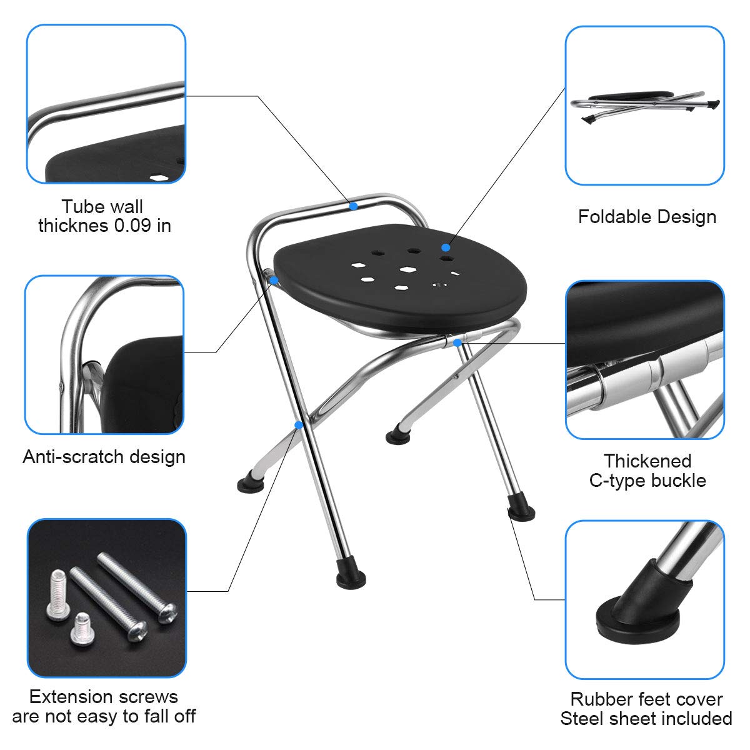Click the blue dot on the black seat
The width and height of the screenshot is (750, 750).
pos(445,247)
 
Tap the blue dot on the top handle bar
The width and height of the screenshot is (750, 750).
pos(353,205)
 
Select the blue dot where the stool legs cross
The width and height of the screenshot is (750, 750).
pos(300,425)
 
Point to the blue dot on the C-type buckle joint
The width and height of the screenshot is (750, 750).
pos(457,342)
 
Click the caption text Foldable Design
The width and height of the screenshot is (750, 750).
pos(647,217)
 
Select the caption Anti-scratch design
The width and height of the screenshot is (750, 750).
pos(104,456)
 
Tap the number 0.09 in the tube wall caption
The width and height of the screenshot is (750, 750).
pos(132,225)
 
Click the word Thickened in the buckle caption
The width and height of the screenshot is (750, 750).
pos(647,461)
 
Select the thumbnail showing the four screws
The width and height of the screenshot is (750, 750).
pos(106,597)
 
